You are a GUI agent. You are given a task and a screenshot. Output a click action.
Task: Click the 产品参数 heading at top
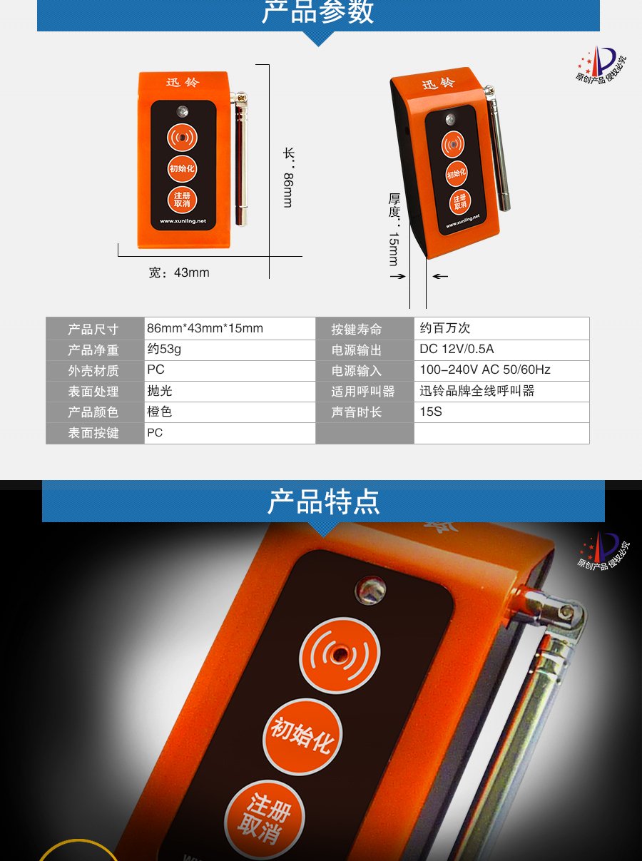pyautogui.click(x=318, y=12)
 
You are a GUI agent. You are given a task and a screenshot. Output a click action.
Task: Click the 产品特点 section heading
pyautogui.click(x=323, y=501)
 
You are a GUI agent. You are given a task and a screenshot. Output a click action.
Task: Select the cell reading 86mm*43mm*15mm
pyautogui.click(x=205, y=329)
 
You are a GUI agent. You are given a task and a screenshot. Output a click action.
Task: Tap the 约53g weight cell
pyautogui.click(x=164, y=350)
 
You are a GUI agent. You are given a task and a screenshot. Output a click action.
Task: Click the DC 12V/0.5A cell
pyautogui.click(x=457, y=349)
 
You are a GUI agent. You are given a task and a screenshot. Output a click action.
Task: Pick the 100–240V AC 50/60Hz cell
pyautogui.click(x=485, y=370)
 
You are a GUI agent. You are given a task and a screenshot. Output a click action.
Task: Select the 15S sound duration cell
pyautogui.click(x=431, y=412)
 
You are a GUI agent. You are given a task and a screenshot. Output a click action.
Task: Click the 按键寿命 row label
pyautogui.click(x=357, y=330)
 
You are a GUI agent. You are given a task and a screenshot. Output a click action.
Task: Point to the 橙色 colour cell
pyautogui.click(x=160, y=412)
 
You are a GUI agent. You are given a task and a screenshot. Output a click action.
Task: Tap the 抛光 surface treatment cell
pyautogui.click(x=160, y=391)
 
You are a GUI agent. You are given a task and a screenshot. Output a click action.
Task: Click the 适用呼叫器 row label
pyautogui.click(x=362, y=392)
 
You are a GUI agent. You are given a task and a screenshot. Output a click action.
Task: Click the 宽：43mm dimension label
pyautogui.click(x=179, y=272)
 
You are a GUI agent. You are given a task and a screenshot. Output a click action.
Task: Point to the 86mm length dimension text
pyautogui.click(x=287, y=189)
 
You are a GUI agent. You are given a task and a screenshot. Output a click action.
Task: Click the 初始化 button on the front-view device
pyautogui.click(x=182, y=169)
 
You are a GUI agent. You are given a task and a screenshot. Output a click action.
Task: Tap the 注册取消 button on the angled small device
pyautogui.click(x=460, y=202)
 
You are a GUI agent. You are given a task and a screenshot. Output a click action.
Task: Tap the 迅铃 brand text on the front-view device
pyautogui.click(x=183, y=83)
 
